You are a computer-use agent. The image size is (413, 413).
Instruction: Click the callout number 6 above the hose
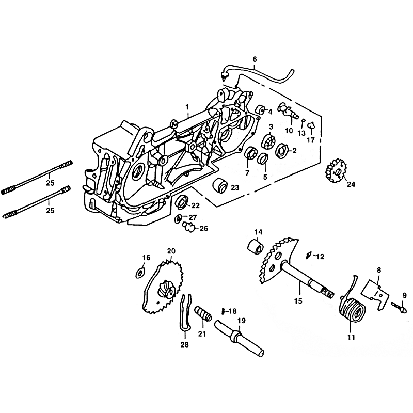tap(254, 59)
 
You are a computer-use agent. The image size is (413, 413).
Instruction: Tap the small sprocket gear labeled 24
tap(336, 171)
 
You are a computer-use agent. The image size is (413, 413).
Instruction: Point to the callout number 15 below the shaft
tap(298, 301)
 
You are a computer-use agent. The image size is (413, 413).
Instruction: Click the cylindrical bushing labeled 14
tap(256, 246)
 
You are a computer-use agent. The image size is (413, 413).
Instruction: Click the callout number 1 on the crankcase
tap(187, 107)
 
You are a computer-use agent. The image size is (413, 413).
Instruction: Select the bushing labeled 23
tap(220, 185)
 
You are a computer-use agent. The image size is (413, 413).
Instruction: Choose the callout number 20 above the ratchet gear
tap(171, 251)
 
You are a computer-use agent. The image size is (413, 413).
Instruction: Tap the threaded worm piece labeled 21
tap(203, 313)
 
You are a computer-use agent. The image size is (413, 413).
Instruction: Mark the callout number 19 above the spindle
tap(241, 321)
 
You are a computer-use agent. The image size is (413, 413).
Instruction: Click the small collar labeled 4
tap(261, 109)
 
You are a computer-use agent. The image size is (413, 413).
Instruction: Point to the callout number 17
tap(311, 140)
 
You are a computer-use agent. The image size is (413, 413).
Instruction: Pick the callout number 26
tap(203, 228)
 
